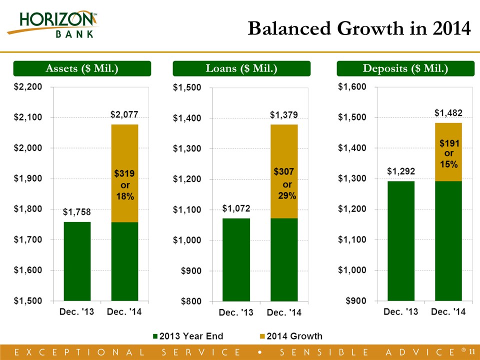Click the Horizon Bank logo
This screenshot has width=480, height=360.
(x=53, y=24)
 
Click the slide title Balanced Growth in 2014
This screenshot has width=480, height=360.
(x=359, y=29)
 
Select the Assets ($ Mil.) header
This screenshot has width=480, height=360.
(x=82, y=68)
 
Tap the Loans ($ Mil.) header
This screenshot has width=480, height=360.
(x=241, y=68)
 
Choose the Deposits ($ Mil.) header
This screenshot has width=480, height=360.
(x=405, y=68)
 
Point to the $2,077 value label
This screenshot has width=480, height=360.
(x=124, y=115)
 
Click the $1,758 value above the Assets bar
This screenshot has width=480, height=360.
(x=76, y=212)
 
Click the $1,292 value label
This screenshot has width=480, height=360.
(x=400, y=171)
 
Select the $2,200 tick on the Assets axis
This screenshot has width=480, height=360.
(x=27, y=87)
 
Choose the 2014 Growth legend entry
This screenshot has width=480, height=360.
(x=291, y=336)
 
